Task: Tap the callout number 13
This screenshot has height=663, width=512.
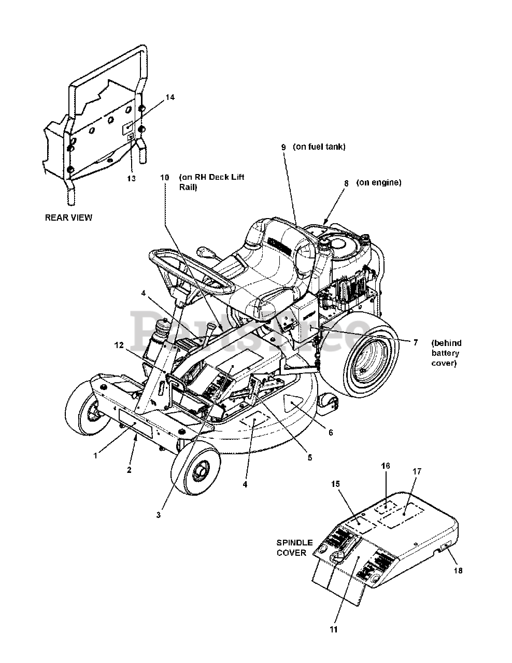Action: click(x=131, y=178)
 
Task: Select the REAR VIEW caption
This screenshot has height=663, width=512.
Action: click(x=68, y=218)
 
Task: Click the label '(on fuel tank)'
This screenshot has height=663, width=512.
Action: click(x=319, y=147)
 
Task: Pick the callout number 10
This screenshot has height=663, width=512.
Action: click(x=165, y=177)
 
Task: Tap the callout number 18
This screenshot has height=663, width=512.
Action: click(x=458, y=571)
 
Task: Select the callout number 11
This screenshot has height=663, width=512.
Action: click(x=333, y=629)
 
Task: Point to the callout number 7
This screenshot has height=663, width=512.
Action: click(x=415, y=343)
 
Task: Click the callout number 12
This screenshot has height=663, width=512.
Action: click(x=120, y=345)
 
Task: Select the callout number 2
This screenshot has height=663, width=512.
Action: click(x=129, y=470)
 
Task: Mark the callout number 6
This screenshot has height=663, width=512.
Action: click(x=330, y=433)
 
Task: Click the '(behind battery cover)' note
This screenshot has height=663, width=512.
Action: click(x=446, y=353)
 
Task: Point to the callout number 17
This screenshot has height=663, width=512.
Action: click(x=417, y=472)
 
